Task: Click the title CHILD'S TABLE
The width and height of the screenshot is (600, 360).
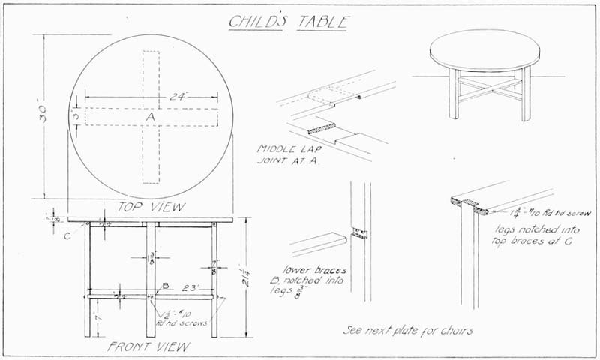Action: (288, 20)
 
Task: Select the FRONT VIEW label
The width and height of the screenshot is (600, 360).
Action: (148, 347)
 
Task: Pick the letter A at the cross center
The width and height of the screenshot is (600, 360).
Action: (150, 117)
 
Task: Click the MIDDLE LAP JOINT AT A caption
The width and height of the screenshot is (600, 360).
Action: (288, 155)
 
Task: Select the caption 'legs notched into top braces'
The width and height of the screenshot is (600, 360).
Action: (530, 234)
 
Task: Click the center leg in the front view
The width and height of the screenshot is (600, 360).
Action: (151, 277)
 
